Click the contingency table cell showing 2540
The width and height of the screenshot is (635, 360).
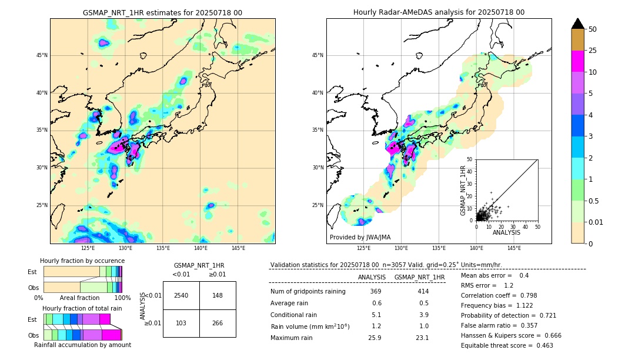(x=181, y=295)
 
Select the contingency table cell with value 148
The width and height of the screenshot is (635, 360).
(x=218, y=295)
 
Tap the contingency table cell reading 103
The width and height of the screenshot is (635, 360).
(x=181, y=323)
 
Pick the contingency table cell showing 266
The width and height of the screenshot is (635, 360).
(x=218, y=323)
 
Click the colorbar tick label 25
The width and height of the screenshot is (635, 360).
(x=593, y=51)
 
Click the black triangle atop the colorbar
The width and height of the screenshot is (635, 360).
(x=578, y=24)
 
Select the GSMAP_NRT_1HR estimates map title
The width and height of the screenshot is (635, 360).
(x=162, y=12)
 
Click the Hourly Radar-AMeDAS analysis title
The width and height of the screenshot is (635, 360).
(x=439, y=12)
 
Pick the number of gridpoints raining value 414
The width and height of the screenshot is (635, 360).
(x=423, y=292)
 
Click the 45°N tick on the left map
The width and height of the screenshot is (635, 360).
(x=41, y=55)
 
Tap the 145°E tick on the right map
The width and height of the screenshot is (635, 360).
(x=514, y=248)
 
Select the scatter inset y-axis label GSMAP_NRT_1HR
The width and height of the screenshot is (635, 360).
(x=463, y=189)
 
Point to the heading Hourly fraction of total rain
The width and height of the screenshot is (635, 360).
(x=82, y=308)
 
